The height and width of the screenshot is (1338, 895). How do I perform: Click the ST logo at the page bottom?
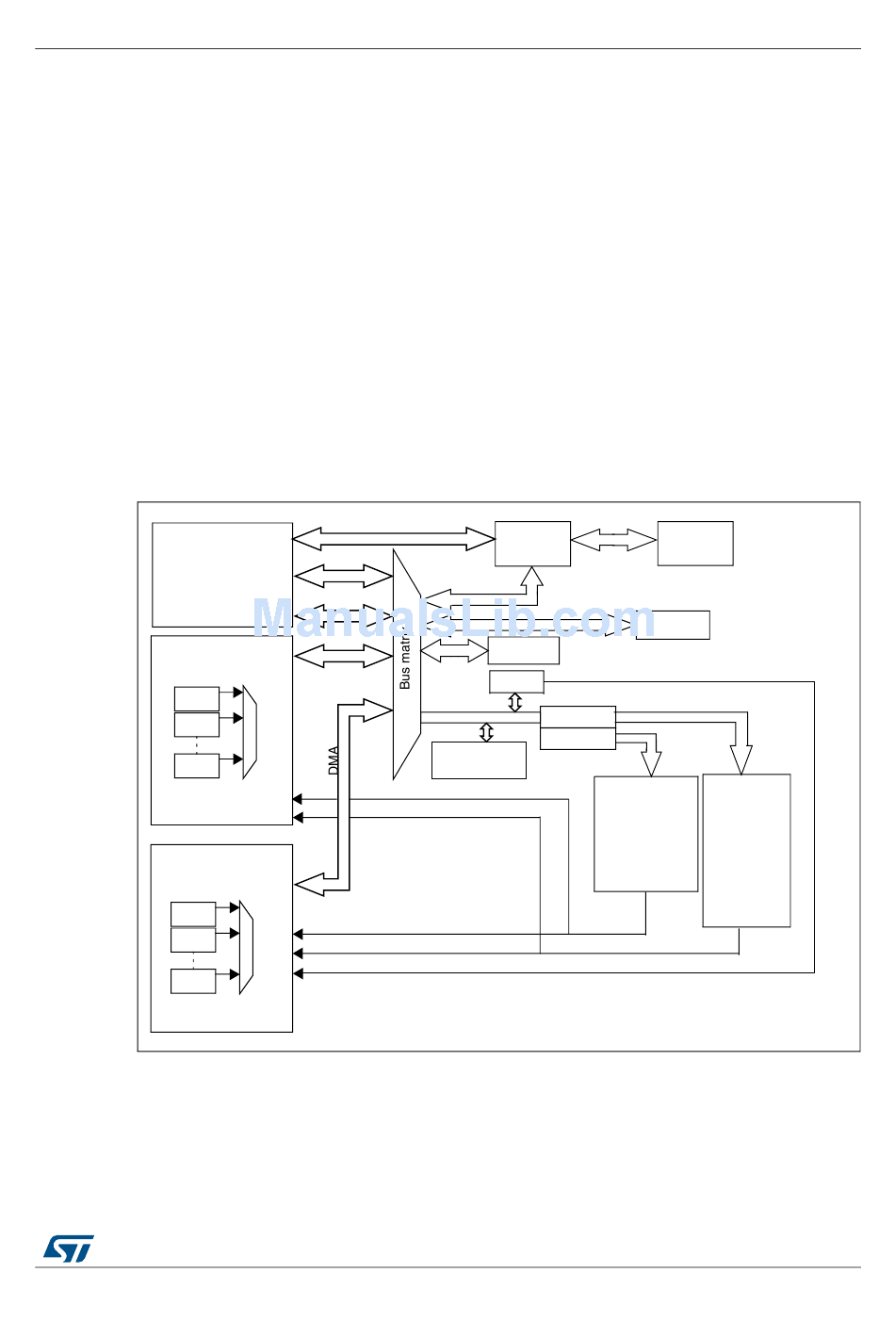[x=68, y=1248]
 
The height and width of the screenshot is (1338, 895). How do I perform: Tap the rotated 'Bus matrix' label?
[x=405, y=660]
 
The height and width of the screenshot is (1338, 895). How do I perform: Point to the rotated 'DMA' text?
[x=334, y=760]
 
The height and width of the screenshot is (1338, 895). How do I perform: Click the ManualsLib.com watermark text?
[x=453, y=619]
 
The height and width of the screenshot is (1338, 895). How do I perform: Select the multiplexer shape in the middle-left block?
[x=250, y=731]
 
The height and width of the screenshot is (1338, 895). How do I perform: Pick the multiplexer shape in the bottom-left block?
[x=246, y=947]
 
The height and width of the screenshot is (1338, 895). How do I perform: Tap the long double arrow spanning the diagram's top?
[x=393, y=539]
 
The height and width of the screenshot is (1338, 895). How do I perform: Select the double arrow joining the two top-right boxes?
[x=613, y=540]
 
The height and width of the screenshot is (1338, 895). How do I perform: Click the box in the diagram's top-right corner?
[x=695, y=544]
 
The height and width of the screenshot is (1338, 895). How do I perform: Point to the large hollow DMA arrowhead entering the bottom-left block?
[x=311, y=885]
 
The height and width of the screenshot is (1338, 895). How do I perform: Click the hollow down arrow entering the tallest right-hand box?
[x=741, y=758]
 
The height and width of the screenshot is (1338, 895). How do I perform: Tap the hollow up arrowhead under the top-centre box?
[x=532, y=576]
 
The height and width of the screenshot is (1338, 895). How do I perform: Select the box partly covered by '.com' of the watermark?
[x=673, y=625]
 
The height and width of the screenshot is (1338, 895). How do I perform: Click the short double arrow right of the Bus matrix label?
[x=454, y=649]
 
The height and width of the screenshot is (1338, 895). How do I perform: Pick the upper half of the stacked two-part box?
[x=578, y=717]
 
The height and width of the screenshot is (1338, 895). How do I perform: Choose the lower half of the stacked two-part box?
[x=578, y=739]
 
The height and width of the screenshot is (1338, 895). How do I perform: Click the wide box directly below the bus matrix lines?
[x=479, y=760]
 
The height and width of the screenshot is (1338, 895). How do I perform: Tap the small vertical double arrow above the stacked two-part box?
[x=514, y=702]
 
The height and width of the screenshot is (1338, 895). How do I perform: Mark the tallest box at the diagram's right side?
[x=746, y=851]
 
